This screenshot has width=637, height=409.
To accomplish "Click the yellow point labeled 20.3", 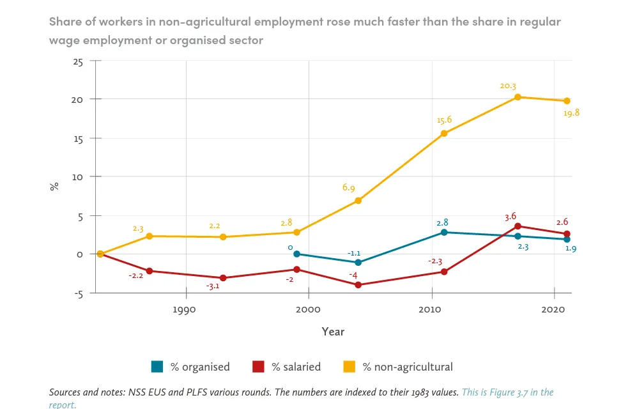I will (518, 97).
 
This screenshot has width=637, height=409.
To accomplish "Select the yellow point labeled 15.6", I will (444, 134).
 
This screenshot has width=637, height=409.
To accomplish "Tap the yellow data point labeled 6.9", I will (358, 201).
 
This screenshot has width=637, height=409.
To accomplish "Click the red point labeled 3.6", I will (518, 226).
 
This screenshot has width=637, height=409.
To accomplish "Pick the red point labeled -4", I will (358, 285).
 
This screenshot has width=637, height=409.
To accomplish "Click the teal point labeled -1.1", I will (358, 263).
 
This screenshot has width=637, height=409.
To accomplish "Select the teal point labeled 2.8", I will (444, 233).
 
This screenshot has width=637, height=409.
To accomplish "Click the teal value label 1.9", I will (571, 249).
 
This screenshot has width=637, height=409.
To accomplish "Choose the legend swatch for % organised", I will (157, 367).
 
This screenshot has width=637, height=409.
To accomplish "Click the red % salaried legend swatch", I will (258, 367).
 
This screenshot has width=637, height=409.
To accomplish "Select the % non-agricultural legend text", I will (408, 367).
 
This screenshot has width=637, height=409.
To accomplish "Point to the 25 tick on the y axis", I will (78, 62).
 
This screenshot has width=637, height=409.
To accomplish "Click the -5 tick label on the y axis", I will (77, 294).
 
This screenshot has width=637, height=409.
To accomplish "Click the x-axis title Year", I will (333, 332).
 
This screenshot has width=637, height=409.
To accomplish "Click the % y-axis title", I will (55, 186).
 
